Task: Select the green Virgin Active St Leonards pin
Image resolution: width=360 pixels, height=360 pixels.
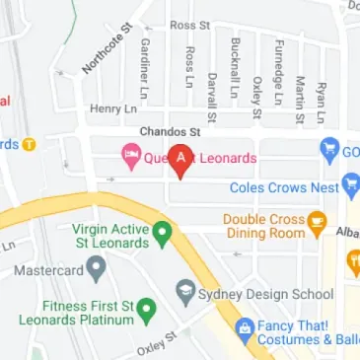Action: coord(166,232)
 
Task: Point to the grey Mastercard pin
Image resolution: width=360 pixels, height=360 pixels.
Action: coord(96,265)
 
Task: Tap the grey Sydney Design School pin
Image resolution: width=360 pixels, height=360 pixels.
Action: coord(184,292)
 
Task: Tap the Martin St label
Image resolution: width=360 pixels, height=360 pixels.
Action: coord(299,95)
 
